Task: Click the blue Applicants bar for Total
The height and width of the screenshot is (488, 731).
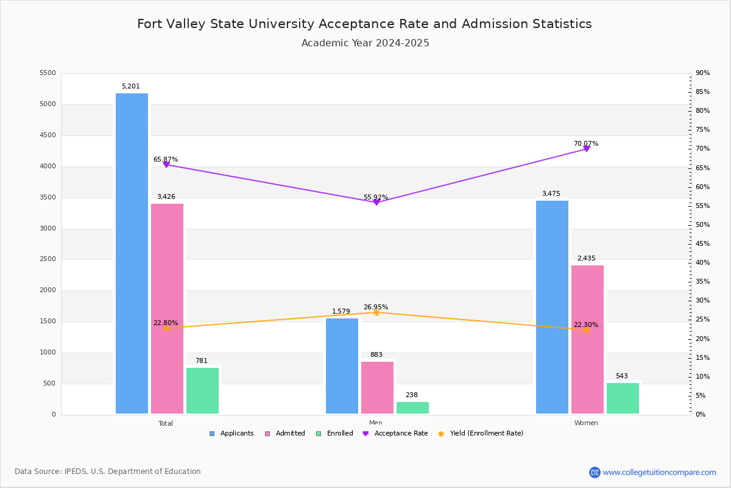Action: tap(132, 253)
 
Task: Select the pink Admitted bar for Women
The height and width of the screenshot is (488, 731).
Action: tap(587, 339)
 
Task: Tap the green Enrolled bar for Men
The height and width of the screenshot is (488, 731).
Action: tap(412, 407)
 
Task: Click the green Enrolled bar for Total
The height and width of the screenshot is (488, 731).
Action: tap(202, 390)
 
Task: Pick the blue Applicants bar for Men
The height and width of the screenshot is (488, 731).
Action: tap(342, 366)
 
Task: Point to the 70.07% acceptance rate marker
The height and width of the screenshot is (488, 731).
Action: tap(587, 149)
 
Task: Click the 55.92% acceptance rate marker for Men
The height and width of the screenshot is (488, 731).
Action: tap(376, 202)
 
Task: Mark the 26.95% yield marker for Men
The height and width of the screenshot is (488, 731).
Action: tap(376, 312)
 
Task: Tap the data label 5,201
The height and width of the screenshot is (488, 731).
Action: tap(130, 87)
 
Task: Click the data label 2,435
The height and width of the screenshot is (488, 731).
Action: tap(586, 259)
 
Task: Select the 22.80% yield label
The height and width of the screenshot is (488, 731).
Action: tap(166, 323)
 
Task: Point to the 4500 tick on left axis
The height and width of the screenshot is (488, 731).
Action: tap(48, 135)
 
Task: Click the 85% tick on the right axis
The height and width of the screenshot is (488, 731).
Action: tap(702, 92)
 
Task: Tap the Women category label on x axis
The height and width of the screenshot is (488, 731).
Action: tap(586, 423)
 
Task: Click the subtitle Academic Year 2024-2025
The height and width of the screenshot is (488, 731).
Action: tap(365, 43)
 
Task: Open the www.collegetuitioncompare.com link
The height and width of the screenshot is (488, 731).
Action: tap(659, 472)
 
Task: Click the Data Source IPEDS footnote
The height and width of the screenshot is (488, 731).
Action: tap(108, 472)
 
